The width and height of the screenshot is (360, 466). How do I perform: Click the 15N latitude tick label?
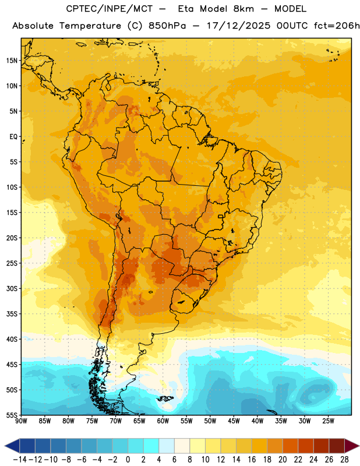(12, 61)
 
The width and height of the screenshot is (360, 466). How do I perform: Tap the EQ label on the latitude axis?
(13, 137)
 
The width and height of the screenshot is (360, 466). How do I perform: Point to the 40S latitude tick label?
(12, 339)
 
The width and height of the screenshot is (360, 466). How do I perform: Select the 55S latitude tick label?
(12, 415)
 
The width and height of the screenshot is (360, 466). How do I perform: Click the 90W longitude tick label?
(21, 421)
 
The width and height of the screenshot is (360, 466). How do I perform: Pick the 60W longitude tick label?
(163, 421)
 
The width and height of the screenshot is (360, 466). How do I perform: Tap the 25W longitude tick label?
(328, 421)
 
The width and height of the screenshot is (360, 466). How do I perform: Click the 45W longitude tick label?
(234, 421)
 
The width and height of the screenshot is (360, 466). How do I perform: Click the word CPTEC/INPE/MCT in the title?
(109, 9)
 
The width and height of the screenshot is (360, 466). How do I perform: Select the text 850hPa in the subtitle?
(167, 26)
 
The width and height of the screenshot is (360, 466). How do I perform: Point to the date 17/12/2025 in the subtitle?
(239, 26)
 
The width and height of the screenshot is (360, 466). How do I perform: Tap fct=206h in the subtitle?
(337, 26)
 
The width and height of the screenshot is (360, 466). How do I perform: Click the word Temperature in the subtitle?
(90, 26)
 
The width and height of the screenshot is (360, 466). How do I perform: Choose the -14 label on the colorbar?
(20, 460)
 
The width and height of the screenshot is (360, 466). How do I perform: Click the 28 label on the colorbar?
(344, 460)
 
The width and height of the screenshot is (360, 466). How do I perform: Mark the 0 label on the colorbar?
(128, 460)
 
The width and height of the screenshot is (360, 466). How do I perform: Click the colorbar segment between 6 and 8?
(182, 446)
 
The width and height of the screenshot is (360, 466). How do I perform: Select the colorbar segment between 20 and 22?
(291, 446)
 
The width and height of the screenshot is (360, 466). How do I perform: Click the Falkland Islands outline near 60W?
(165, 398)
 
